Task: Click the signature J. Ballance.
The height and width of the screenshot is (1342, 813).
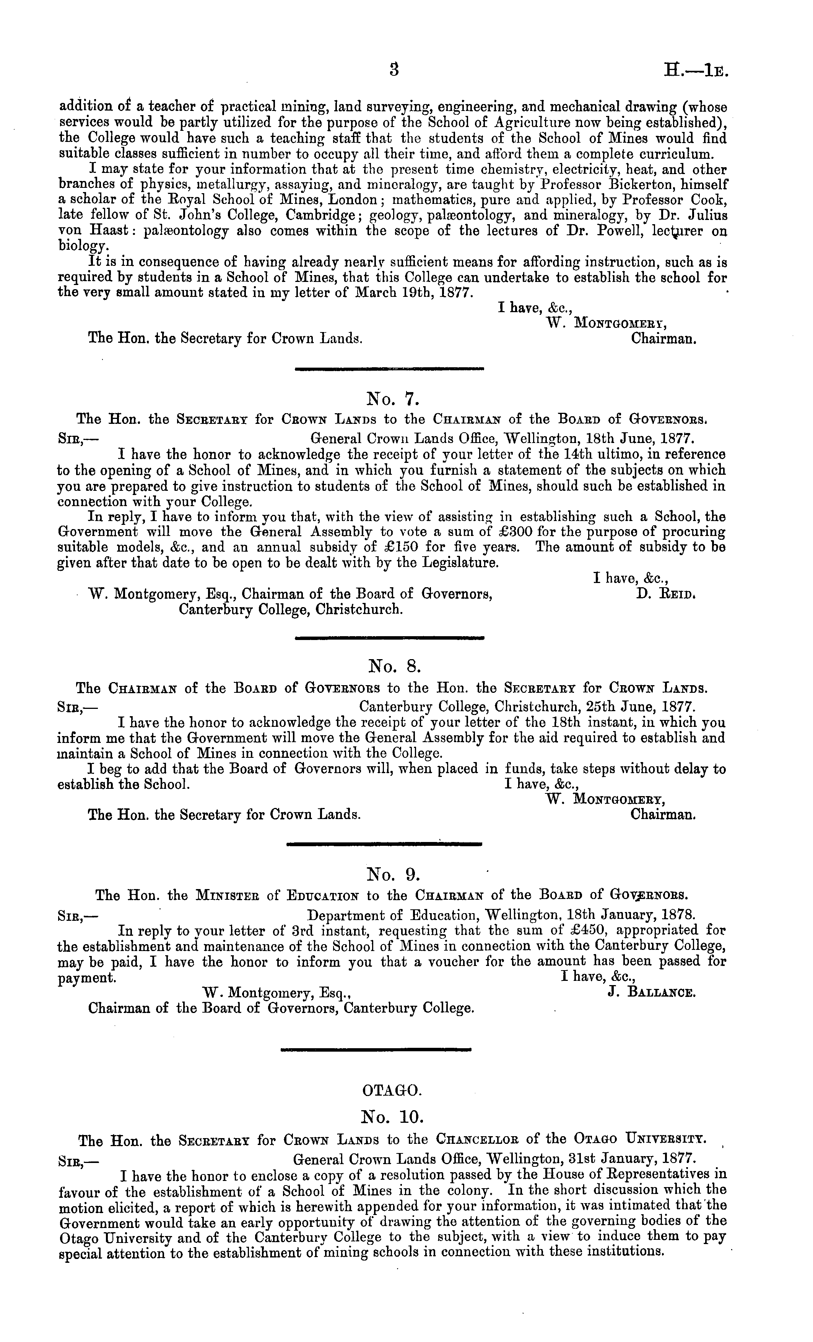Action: pyautogui.click(x=651, y=992)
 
